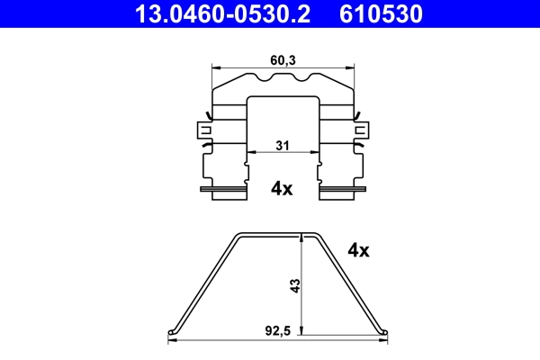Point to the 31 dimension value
pyautogui.click(x=281, y=143)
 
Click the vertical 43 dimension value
pyautogui.click(x=294, y=287)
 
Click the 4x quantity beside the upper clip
pyautogui.click(x=282, y=188)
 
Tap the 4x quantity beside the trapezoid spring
pyautogui.click(x=358, y=250)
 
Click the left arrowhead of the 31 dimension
pyautogui.click(x=251, y=153)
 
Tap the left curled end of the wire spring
pyautogui.click(x=173, y=333)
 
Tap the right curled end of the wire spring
pyautogui.click(x=386, y=333)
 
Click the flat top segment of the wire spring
pyautogui.click(x=280, y=234)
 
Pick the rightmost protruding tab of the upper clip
pyautogui.click(x=365, y=130)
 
